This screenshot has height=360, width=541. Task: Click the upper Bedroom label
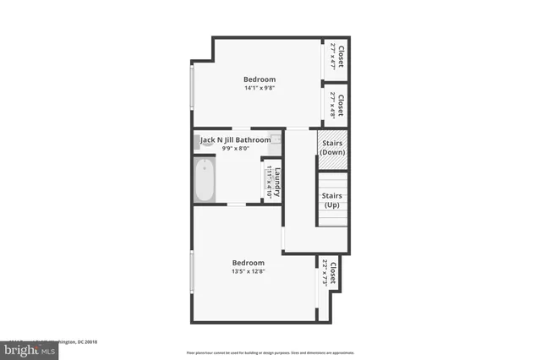(260, 79)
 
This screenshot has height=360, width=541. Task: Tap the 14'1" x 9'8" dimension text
(260, 87)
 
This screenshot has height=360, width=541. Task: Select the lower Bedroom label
(249, 262)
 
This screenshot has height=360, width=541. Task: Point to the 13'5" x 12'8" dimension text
(249, 270)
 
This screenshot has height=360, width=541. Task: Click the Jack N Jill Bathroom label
(236, 139)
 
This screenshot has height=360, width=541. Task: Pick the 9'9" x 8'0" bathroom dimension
(236, 148)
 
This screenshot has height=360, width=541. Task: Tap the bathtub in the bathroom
(205, 181)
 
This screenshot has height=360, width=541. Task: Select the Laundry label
(276, 179)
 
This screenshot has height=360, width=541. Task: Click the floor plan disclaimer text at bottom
(270, 352)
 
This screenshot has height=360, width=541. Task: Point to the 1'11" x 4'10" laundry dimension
(268, 180)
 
